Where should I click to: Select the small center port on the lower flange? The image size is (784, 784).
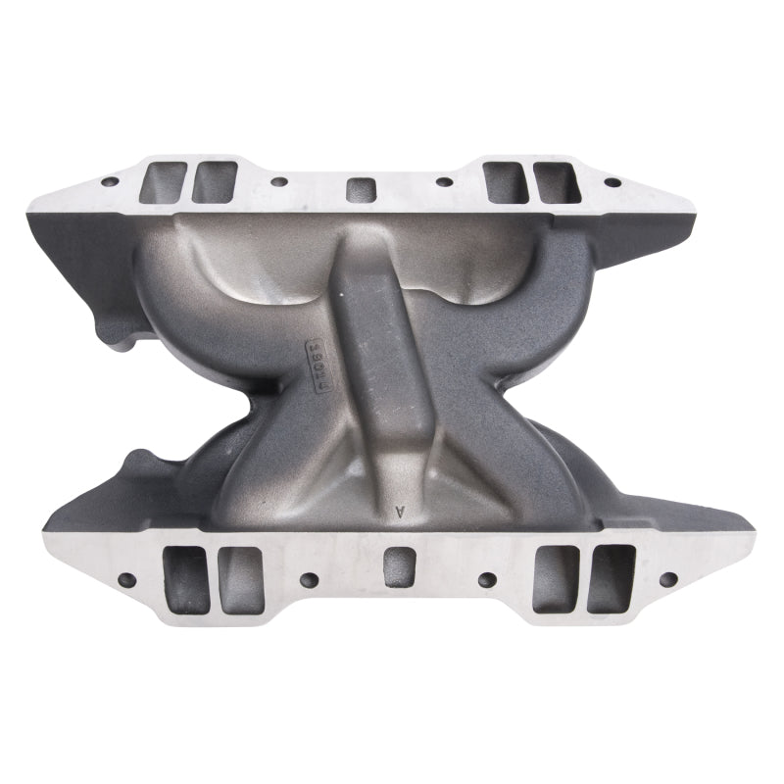398,567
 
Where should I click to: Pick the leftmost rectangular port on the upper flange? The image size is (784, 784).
164,183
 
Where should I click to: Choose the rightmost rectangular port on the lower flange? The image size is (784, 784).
611,577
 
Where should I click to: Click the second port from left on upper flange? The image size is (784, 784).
214,182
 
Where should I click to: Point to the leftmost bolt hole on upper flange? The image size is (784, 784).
107,181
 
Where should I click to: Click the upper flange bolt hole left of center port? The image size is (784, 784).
278,182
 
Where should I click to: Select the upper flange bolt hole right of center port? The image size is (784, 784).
444,181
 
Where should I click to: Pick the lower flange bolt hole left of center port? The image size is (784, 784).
309,579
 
